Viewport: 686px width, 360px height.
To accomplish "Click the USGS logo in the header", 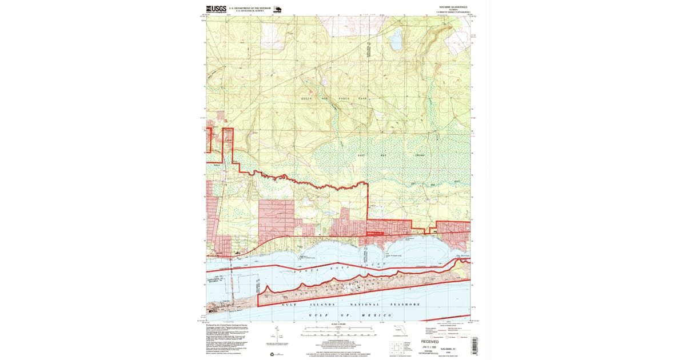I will tap(216, 9).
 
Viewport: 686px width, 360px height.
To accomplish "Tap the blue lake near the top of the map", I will tap(395, 40).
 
